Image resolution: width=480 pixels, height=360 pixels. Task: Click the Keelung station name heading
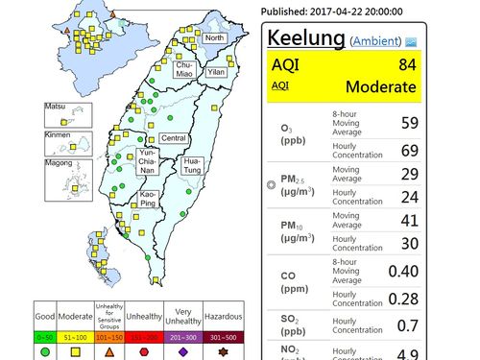tap(304, 39)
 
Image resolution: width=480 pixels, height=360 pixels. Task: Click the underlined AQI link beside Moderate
tap(280, 85)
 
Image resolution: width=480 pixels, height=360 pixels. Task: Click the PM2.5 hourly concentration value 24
tap(410, 198)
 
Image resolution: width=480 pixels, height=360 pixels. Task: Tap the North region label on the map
tap(214, 38)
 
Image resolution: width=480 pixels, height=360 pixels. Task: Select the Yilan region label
tap(216, 72)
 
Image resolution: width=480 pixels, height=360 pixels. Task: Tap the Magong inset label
tap(60, 162)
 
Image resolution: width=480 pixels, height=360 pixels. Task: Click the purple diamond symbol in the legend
tap(181, 352)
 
